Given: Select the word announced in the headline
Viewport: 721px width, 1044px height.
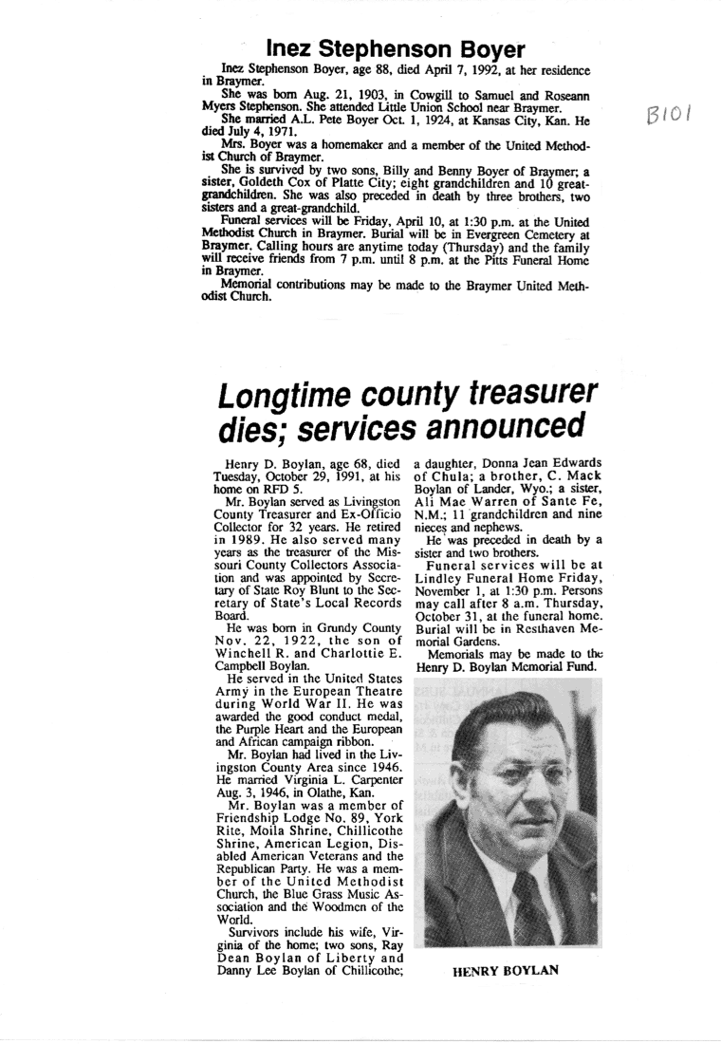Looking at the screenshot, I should [499, 423].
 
